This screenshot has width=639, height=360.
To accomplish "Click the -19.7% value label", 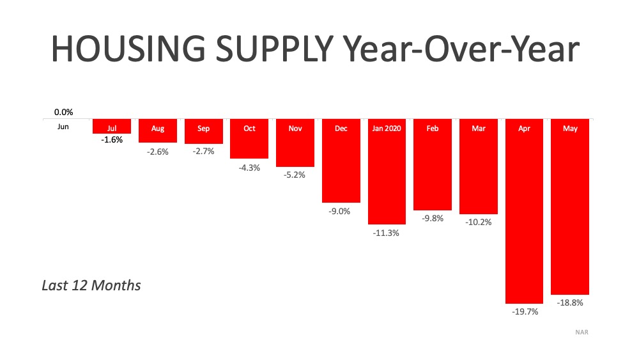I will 524,312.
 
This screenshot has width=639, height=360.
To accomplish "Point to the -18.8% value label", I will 570,302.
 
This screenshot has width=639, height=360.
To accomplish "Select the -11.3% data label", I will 387,233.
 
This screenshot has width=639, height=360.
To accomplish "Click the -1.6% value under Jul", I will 112,139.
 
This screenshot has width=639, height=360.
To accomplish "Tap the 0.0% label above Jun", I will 63,112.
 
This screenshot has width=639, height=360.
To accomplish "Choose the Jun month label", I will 63,127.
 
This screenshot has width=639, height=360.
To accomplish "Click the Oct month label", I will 249,129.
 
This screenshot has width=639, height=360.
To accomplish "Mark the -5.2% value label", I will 295,175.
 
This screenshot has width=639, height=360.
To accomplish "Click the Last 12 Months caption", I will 91,285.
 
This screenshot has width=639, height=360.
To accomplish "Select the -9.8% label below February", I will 433,219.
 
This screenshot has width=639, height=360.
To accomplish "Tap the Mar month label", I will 479,129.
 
